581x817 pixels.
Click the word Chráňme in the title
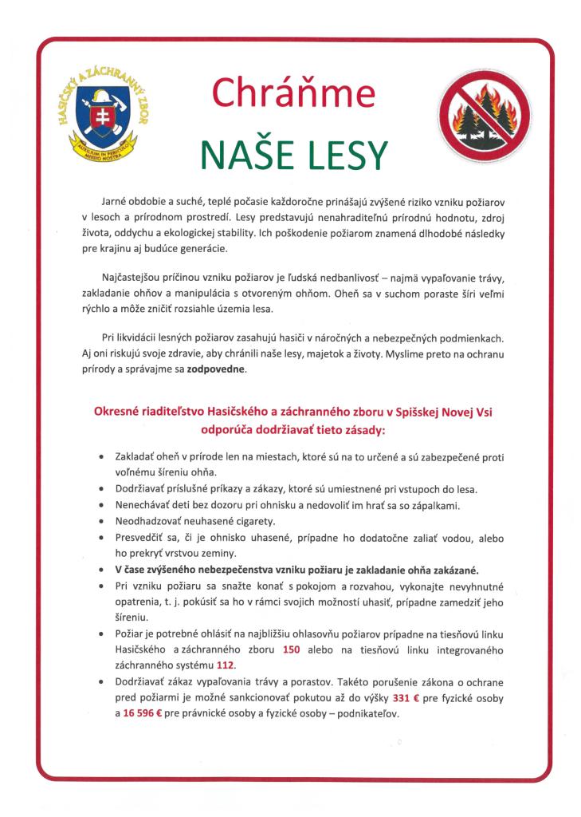pyautogui.click(x=292, y=93)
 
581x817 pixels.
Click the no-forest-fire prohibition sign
pyautogui.click(x=481, y=116)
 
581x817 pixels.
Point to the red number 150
pyautogui.click(x=291, y=650)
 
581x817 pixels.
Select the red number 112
pyautogui.click(x=226, y=665)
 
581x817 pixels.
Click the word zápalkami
pyautogui.click(x=438, y=505)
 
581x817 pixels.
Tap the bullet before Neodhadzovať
pyautogui.click(x=99, y=521)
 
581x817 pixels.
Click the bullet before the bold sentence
pyautogui.click(x=99, y=570)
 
